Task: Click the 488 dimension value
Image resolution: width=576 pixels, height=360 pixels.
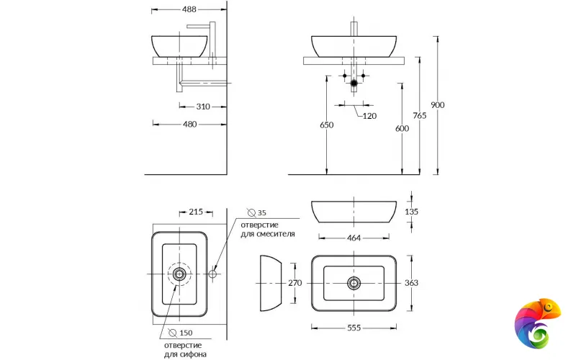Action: point(189,9)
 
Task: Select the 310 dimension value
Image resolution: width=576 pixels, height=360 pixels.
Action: point(202,107)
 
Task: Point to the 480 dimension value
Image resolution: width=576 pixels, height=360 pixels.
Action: point(189,124)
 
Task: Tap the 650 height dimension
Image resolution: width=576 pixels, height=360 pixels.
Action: point(326,125)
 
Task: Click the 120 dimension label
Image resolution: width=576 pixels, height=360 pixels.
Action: point(369,116)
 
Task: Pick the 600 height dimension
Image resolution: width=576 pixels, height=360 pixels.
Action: point(402,129)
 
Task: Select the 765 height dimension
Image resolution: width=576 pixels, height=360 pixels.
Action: point(419,116)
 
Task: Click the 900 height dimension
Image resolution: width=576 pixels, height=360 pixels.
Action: point(437,105)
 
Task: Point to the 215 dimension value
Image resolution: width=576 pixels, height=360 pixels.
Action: point(195,212)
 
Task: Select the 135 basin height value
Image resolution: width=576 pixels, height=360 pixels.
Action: point(411,212)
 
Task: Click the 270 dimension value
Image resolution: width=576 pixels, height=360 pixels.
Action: point(294,283)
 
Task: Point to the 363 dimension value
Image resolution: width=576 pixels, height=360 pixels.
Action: point(411,283)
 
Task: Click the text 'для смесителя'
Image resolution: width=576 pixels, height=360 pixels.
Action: point(267,235)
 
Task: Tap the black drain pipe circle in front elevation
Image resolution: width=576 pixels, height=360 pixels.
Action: point(353,84)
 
